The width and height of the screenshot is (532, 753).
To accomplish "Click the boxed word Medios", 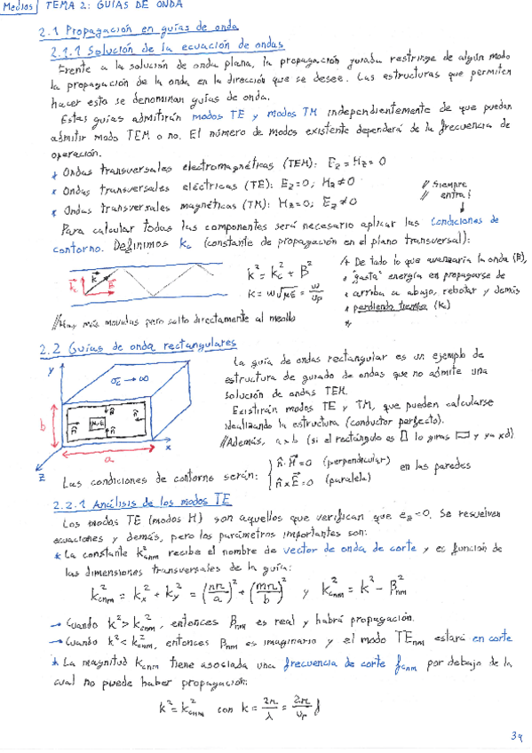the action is pyautogui.click(x=19, y=7).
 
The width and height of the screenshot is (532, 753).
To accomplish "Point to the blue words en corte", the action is pyautogui.click(x=491, y=638).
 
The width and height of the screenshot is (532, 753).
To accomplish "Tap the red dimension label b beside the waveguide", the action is pyautogui.click(x=42, y=425).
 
